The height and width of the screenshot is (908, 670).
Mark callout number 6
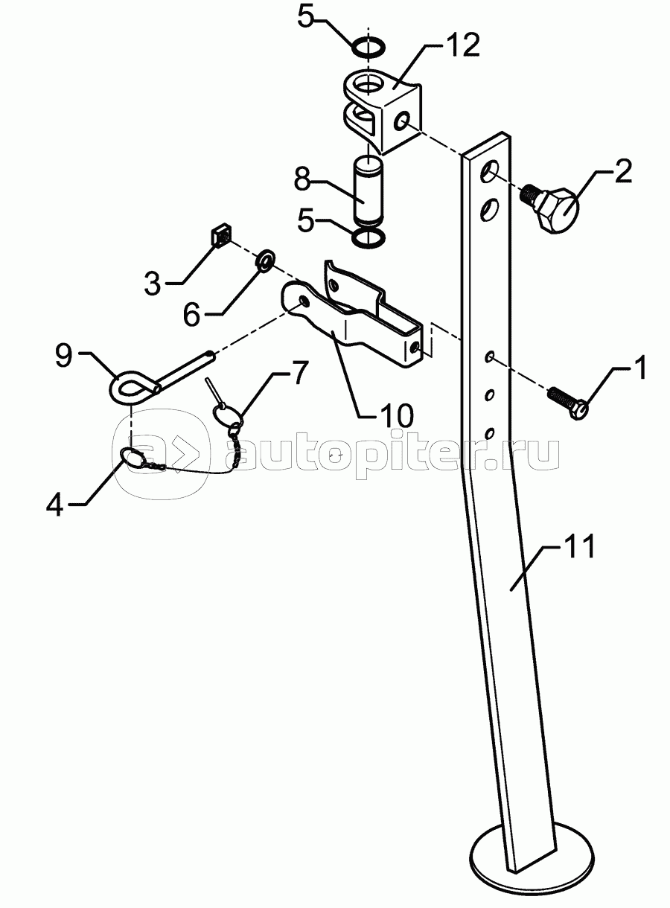pyautogui.click(x=193, y=315)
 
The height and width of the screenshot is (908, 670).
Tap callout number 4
pyautogui.click(x=55, y=504)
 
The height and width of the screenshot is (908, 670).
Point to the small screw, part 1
pyautogui.click(x=567, y=400)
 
